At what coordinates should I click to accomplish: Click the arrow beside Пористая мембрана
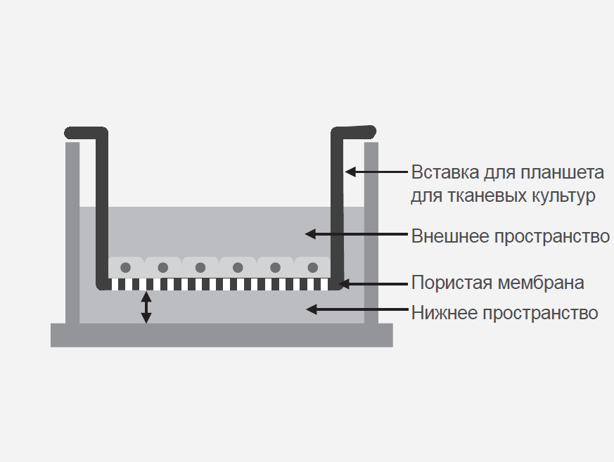[x=373, y=284]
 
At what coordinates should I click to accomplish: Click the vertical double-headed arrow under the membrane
[x=146, y=307]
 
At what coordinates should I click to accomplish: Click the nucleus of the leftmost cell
[x=126, y=267]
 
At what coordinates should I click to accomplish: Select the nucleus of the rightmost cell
[x=312, y=267]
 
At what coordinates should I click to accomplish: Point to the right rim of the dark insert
[x=354, y=131]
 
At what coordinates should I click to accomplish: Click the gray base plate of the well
[x=222, y=335]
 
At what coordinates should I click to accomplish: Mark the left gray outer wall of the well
[x=72, y=232]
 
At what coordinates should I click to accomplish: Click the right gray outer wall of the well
[x=371, y=232]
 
